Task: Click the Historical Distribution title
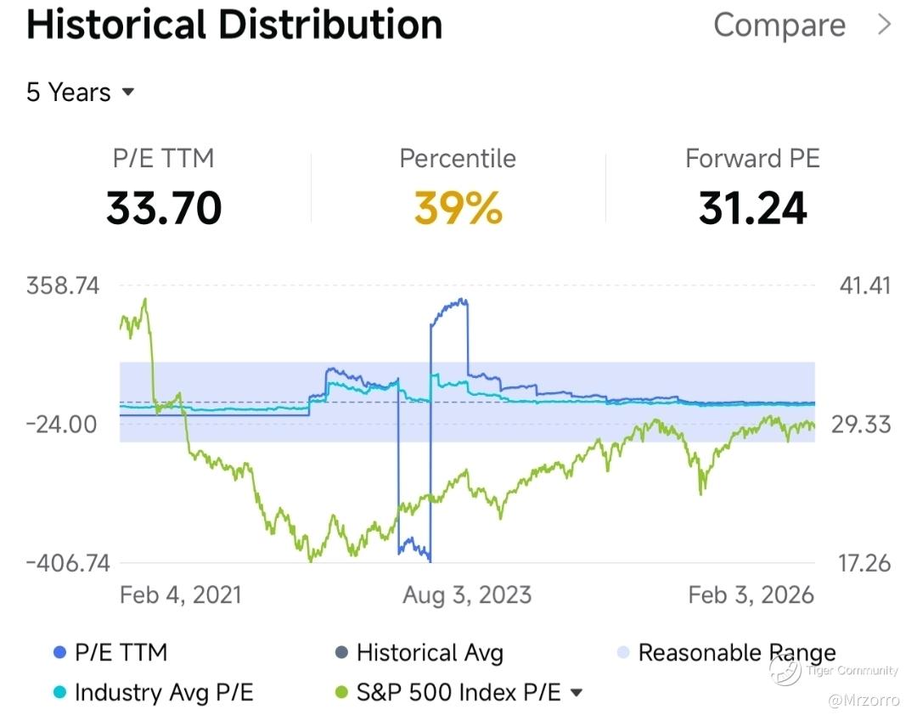tap(234, 25)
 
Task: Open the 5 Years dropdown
tap(81, 92)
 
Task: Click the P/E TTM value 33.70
tap(164, 208)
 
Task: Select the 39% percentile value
tap(458, 208)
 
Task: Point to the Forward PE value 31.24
tap(752, 208)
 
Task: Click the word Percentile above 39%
tap(458, 159)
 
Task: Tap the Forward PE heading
tap(752, 159)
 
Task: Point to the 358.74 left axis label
tap(63, 285)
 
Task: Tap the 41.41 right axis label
tap(866, 285)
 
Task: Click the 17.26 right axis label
tap(866, 562)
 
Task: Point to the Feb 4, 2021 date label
tap(181, 594)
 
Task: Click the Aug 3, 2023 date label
tap(467, 594)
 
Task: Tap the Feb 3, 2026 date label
tap(751, 594)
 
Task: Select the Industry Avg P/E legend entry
tap(163, 693)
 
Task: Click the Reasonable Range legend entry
tap(736, 653)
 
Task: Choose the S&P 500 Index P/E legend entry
tap(458, 693)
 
